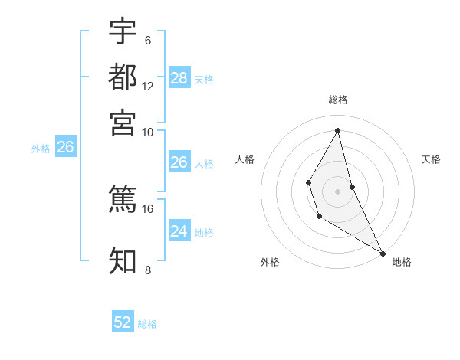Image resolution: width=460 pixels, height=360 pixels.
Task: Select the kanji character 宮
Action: tap(123, 122)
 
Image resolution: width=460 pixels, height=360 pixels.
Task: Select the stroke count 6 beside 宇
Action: tap(147, 40)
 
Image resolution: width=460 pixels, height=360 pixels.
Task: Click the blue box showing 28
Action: tap(179, 77)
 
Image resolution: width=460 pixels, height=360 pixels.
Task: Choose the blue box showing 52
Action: tap(123, 322)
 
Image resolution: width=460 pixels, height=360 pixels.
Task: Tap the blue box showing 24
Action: tap(179, 231)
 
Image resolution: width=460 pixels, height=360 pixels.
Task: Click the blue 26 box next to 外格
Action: tap(65, 147)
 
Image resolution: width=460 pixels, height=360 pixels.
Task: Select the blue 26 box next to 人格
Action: tap(179, 162)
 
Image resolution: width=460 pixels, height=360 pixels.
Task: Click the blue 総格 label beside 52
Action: tap(147, 324)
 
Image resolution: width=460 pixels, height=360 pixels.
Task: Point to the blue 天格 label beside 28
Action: tap(203, 79)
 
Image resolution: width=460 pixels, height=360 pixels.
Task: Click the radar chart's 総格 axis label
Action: tap(338, 100)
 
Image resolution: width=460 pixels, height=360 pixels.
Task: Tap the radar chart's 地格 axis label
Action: tap(402, 263)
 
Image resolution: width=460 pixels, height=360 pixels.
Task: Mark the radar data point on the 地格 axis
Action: tap(383, 253)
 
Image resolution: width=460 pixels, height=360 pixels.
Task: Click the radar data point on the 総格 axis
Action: tap(338, 129)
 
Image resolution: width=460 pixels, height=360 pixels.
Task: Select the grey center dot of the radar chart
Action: tap(338, 190)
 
